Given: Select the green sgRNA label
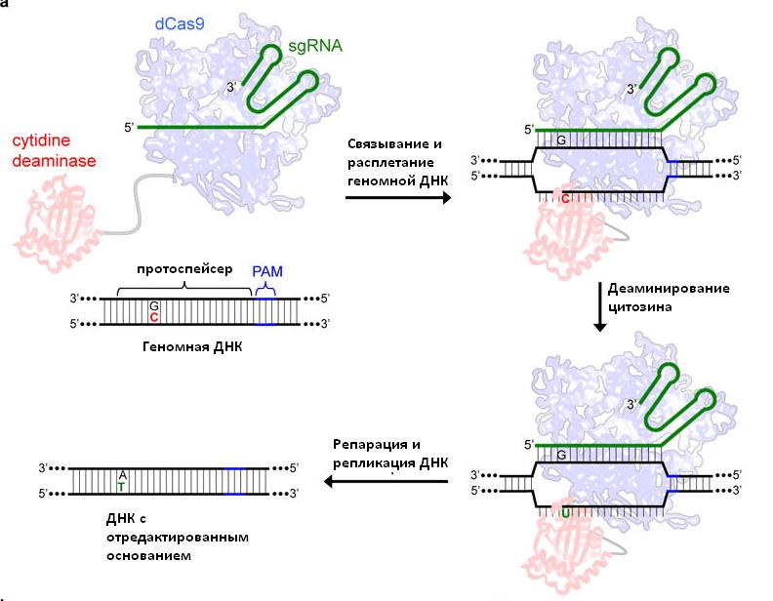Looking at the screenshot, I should [317, 46].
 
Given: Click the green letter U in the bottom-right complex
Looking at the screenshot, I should [566, 510].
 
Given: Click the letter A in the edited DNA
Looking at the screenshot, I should [122, 475].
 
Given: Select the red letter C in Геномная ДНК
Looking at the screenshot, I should [154, 317].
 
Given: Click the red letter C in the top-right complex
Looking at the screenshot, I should [566, 198].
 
